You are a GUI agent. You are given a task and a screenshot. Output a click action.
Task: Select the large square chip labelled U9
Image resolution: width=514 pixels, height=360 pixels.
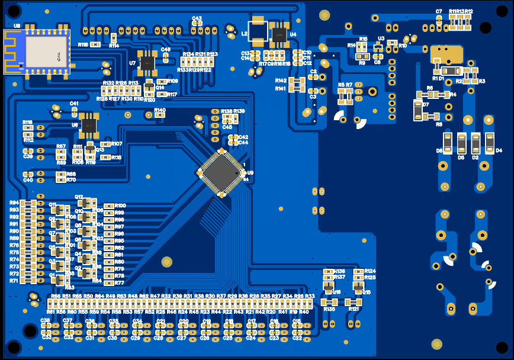221,172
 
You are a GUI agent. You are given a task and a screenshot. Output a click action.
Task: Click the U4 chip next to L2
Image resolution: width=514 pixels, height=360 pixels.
279,35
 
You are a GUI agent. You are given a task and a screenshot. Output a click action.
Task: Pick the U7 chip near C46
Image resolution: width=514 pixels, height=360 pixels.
146,62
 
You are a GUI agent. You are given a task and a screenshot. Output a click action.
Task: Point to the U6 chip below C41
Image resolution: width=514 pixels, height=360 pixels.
88,124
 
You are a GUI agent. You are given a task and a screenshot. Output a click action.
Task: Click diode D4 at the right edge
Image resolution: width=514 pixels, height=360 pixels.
490,142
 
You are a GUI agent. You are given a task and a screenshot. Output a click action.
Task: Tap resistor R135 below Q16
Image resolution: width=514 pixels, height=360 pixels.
329,302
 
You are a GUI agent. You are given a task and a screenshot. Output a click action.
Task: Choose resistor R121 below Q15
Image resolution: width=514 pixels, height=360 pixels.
354,302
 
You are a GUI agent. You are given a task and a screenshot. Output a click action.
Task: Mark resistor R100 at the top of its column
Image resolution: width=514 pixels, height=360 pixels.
109,206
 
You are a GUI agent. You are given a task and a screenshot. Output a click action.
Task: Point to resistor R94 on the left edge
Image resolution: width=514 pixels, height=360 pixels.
27,203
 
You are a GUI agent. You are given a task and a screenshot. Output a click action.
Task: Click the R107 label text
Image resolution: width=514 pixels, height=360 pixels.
116,144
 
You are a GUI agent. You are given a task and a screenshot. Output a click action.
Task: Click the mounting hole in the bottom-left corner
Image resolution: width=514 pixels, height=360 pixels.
13,347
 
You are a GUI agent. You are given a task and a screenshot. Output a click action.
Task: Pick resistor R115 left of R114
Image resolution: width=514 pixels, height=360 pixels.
95,45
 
